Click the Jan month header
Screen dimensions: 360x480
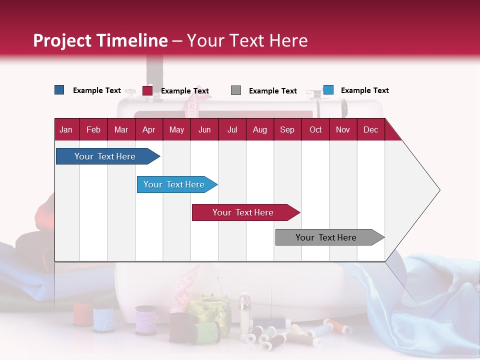(66, 129)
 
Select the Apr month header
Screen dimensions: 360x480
(148, 129)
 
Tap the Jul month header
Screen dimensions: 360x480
(232, 129)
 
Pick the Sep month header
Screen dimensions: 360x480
(287, 129)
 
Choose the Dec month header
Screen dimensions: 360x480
(370, 129)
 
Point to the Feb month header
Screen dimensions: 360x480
(93, 129)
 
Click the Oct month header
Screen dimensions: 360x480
(315, 129)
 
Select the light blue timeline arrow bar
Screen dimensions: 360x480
(175, 184)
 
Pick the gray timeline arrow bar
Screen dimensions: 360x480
(327, 237)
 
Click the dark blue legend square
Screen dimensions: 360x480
(59, 90)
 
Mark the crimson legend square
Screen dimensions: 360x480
(147, 90)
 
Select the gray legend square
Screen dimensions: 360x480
(236, 90)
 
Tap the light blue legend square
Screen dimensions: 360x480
(328, 90)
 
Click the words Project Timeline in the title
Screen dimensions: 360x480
(100, 40)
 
